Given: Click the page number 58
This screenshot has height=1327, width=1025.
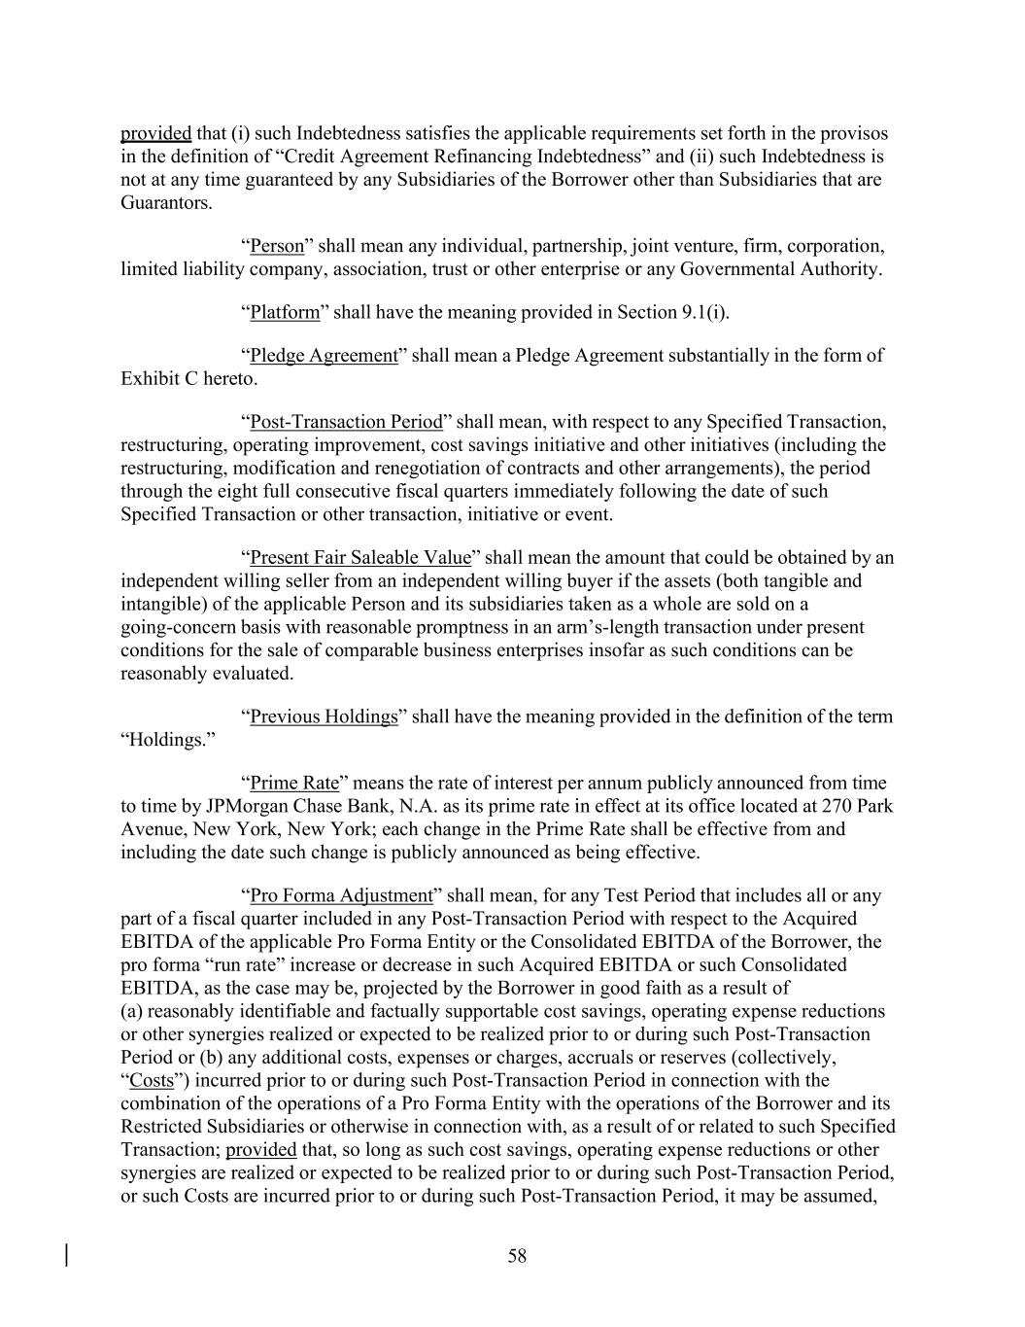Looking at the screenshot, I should (517, 1256).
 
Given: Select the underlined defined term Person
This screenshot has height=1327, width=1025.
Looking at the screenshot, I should (277, 246).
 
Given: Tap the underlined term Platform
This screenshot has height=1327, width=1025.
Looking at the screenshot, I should (285, 312).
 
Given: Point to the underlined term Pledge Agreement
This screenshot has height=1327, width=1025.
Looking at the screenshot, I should (324, 355).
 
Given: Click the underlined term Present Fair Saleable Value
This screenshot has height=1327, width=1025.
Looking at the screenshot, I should (360, 558).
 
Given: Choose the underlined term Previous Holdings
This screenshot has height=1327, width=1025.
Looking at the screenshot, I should (324, 716).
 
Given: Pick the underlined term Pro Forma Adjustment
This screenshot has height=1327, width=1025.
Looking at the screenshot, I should (341, 895).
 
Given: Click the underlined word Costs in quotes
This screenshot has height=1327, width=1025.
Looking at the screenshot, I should (152, 1080).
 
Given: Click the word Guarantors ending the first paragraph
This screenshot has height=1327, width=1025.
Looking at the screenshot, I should (164, 203).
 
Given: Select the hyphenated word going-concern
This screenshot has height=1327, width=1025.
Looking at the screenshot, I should (183, 627).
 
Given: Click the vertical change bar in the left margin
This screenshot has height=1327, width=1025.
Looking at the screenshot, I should (67, 1255).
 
